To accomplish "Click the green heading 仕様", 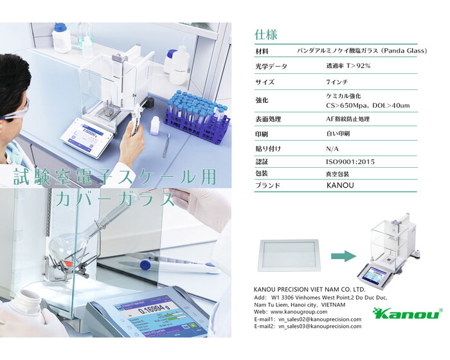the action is pos(265,35).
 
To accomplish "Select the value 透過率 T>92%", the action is pos(348,66).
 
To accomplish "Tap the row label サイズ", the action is pos(265,82).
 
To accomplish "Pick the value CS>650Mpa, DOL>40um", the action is pos(368,105).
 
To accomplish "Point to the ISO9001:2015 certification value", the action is pos(350,161).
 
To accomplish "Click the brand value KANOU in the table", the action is pos(340,185).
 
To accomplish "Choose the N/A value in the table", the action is pos(332,148).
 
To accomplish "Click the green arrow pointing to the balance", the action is pos(343,255).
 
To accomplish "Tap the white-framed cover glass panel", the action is pos(289,255).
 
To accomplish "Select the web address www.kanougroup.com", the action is pos(299,312).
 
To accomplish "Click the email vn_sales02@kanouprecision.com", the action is pos(319,319).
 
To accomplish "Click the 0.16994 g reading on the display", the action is pos(154,309).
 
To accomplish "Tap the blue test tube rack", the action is pos(198,117).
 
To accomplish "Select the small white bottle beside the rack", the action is pos(155,125).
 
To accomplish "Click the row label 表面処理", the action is pos(268,119).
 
